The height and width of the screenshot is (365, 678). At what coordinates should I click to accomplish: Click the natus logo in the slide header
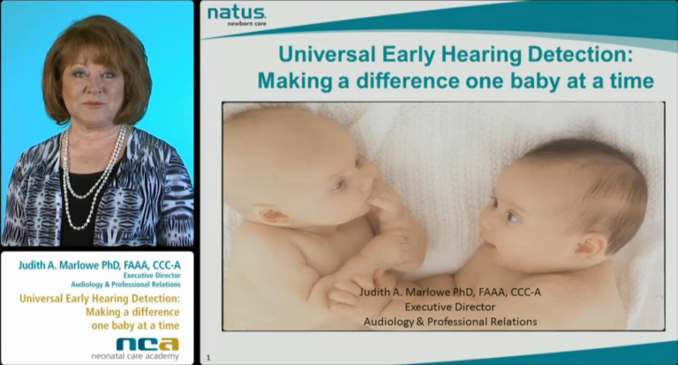click(x=236, y=12)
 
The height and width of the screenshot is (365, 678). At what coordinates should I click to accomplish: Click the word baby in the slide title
click(x=557, y=81)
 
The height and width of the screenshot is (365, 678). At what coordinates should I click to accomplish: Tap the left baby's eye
click(x=340, y=185)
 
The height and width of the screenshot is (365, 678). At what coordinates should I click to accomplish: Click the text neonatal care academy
click(x=135, y=356)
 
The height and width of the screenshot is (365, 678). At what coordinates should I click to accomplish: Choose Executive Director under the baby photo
click(x=450, y=307)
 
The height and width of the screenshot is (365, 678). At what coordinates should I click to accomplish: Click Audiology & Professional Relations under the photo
click(x=450, y=322)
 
